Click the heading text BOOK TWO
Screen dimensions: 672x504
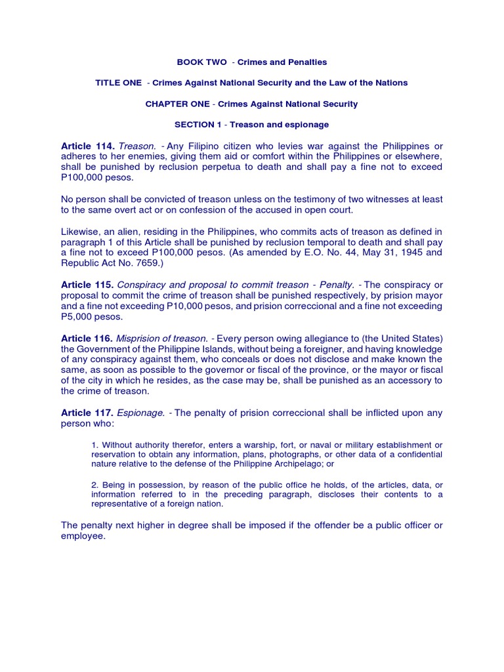click(x=197, y=62)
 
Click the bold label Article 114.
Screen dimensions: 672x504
click(x=88, y=146)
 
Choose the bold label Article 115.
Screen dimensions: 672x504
click(x=88, y=285)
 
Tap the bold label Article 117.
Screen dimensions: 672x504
click(x=88, y=413)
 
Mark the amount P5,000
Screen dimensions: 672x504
click(x=78, y=316)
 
